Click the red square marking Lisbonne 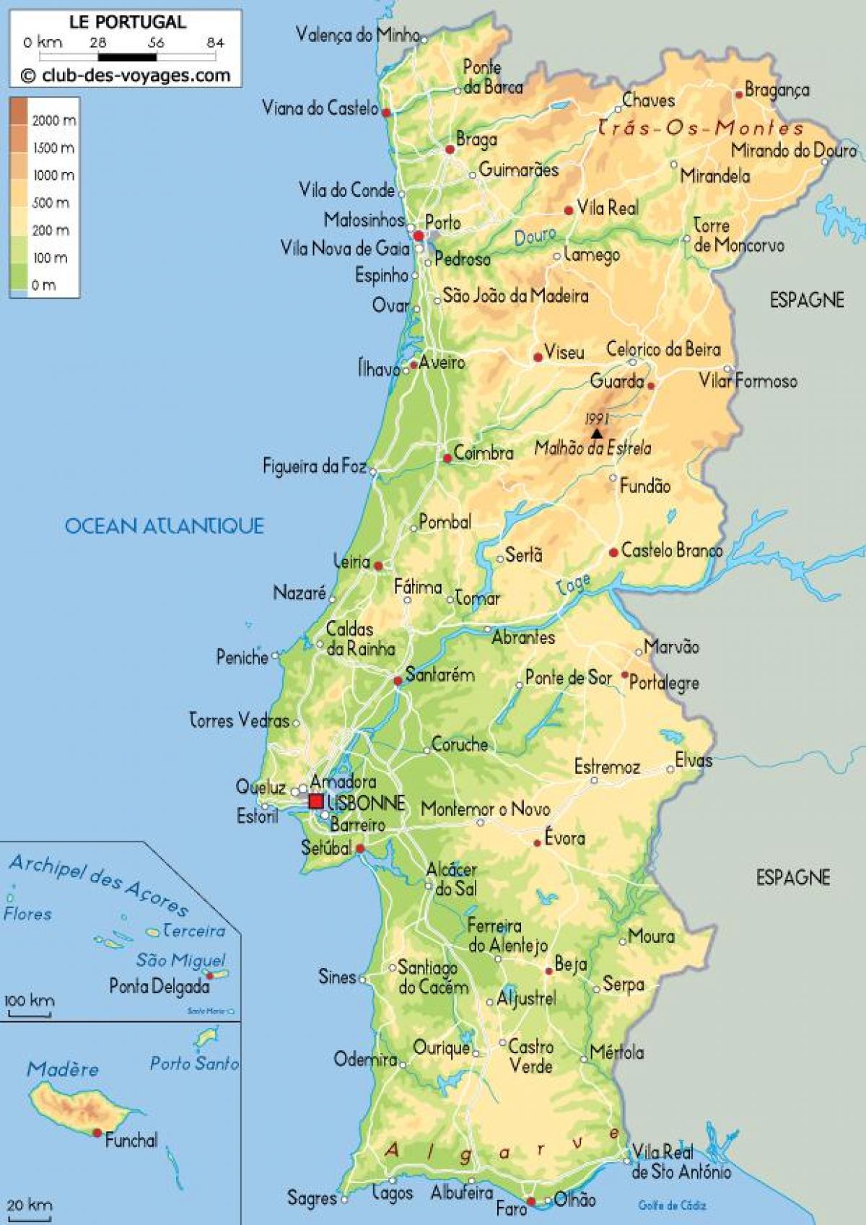coord(316,801)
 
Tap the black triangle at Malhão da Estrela coord(597,434)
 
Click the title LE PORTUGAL coord(127,22)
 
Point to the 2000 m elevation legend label coord(53,121)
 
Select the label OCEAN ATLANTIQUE coord(165,526)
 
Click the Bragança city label coord(777,90)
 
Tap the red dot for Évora coord(537,842)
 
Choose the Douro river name coord(535,236)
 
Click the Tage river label coord(574,583)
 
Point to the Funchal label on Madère coord(131,1141)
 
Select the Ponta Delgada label coord(159,986)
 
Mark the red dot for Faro coord(531,1202)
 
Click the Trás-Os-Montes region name coord(701,128)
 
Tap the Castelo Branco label coord(671,551)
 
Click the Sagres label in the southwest coord(312,1198)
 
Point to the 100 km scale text coord(29,1001)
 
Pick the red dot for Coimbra coord(447,458)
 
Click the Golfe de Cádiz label coord(672,1205)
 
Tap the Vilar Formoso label coord(748,380)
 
